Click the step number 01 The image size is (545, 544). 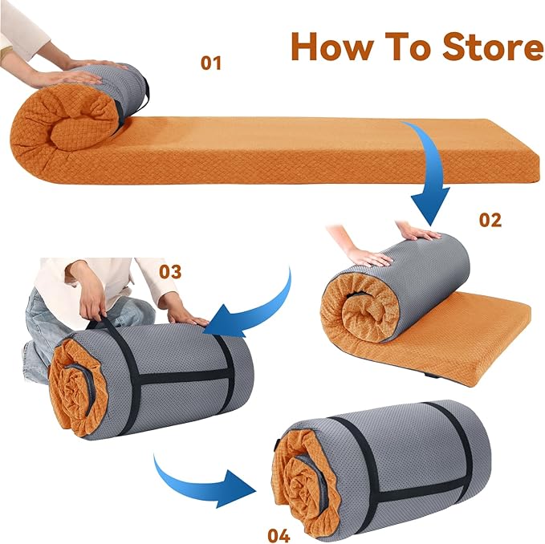coord(211,63)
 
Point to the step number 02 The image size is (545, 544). coord(490,220)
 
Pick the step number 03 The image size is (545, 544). coord(170,271)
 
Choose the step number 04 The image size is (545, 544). coord(279,535)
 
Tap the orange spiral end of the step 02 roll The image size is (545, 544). coord(358,309)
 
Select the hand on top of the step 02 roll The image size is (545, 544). coord(415,232)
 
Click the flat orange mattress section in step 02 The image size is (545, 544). coord(462,340)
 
